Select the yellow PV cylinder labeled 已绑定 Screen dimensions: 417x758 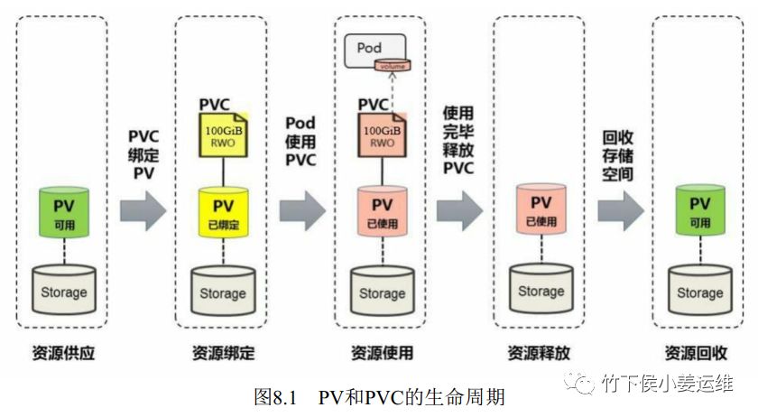point(223,212)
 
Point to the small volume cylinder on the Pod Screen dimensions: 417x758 point(394,65)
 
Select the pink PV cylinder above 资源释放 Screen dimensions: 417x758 point(541,209)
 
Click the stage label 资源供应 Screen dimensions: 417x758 point(64,353)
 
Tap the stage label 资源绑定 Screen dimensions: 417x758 point(223,353)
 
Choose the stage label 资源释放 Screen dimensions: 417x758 point(540,353)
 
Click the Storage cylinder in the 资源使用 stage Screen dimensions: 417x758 point(383,290)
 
